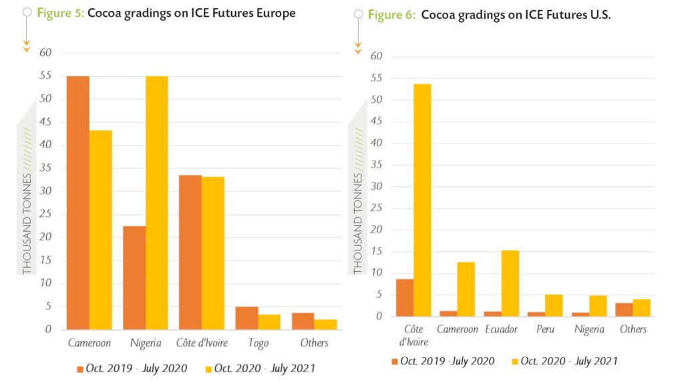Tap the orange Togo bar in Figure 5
click(x=246, y=318)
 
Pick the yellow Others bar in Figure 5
click(x=326, y=324)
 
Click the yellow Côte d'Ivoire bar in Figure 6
click(x=423, y=200)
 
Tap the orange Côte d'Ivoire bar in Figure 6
click(x=405, y=297)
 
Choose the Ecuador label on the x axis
click(x=501, y=329)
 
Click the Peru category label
click(x=545, y=329)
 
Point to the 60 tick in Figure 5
click(x=45, y=53)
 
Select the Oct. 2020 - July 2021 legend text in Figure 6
click(x=568, y=361)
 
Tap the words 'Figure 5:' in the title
click(x=60, y=13)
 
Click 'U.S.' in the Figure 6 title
click(x=598, y=15)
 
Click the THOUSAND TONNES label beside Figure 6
click(x=358, y=224)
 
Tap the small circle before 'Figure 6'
click(x=358, y=14)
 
